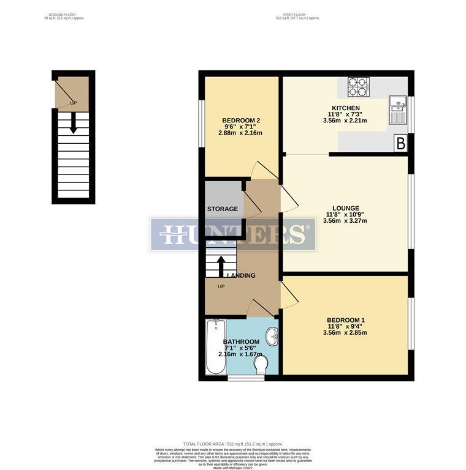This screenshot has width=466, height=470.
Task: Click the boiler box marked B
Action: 400,144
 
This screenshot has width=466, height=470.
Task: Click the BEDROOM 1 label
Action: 346,320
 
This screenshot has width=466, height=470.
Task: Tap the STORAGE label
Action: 222,209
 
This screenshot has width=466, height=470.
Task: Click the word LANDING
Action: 241,275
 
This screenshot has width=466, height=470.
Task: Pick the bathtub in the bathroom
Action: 216,346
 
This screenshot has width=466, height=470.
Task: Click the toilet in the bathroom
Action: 261,365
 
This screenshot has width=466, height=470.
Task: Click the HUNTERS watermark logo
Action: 233,234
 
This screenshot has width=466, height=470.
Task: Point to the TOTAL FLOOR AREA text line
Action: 233,444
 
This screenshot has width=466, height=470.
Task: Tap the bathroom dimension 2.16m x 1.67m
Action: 240,354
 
